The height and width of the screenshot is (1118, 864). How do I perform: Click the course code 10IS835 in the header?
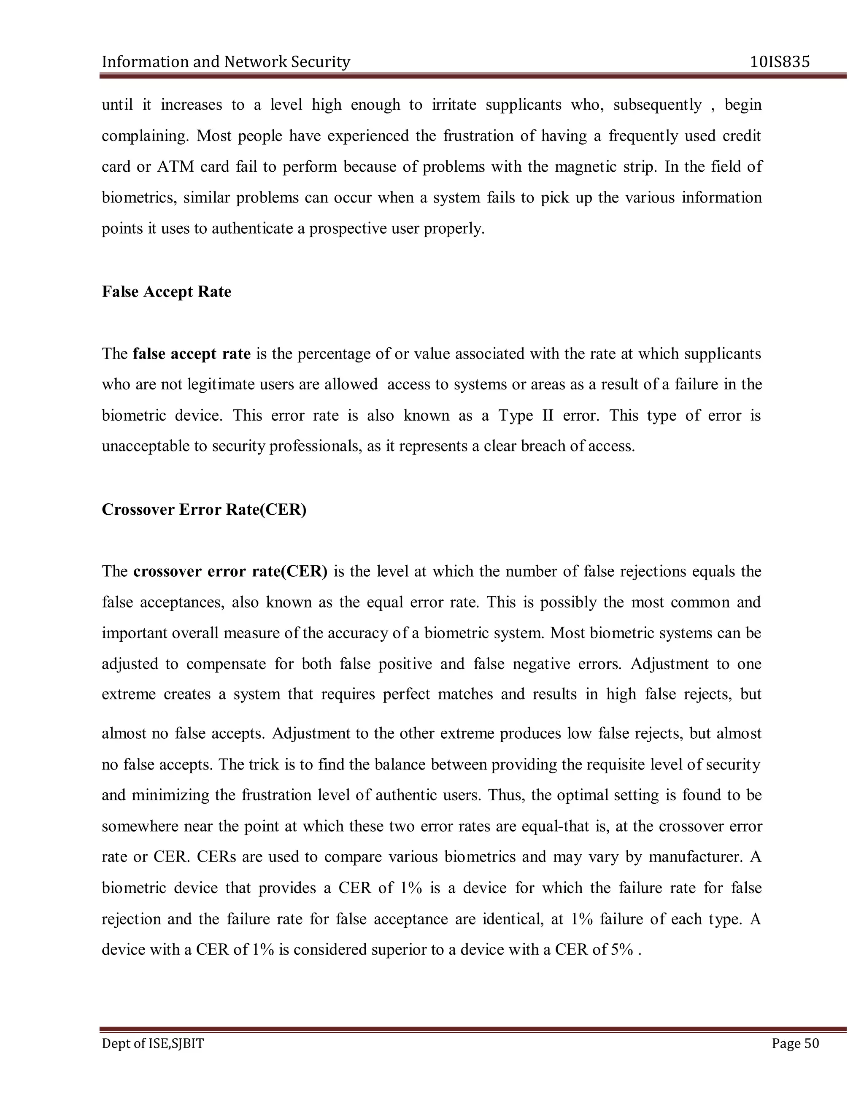(780, 62)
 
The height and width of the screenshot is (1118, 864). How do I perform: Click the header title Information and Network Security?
(226, 62)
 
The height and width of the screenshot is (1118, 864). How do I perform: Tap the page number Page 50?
(795, 1043)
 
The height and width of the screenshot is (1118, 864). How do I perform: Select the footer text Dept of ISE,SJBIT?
(153, 1043)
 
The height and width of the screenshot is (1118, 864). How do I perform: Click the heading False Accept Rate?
(166, 292)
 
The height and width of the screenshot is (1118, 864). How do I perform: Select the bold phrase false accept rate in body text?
(192, 354)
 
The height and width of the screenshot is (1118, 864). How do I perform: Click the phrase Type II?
(526, 415)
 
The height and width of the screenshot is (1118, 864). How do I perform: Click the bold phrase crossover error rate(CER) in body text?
(230, 571)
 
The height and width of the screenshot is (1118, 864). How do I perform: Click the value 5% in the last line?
(622, 950)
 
